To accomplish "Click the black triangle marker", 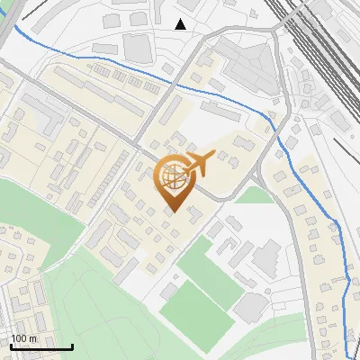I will tap(181, 24).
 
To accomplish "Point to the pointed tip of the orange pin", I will tap(173, 212).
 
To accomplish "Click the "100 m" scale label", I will tap(23, 338).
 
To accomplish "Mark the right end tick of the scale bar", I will tap(72, 346).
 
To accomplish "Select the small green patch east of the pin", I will tap(254, 194).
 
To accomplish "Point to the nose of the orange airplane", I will tap(213, 158).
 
